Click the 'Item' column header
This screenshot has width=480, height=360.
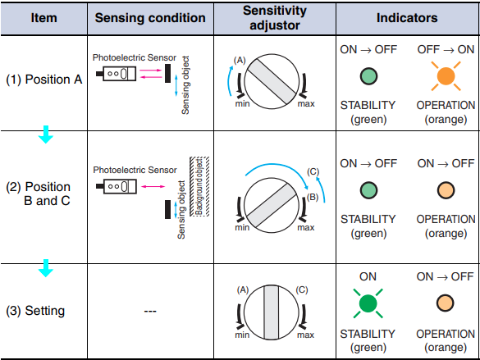[x=43, y=18]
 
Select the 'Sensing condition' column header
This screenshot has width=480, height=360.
[x=150, y=18]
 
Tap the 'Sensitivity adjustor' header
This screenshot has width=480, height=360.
[x=275, y=18]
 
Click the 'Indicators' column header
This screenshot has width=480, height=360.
[x=407, y=18]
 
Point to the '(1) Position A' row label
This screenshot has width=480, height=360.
[x=44, y=80]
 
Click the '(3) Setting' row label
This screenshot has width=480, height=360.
[x=35, y=311]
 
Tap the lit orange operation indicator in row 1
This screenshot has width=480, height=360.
[x=446, y=76]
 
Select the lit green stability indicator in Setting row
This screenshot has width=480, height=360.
[x=368, y=303]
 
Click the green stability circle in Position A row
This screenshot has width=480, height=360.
[x=368, y=76]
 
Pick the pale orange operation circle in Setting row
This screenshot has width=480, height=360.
[x=445, y=303]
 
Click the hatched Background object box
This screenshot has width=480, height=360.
[x=199, y=187]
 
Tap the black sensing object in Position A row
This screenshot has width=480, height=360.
[x=167, y=74]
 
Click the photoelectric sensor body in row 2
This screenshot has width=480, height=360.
[x=120, y=186]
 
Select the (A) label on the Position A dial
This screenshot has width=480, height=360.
[x=240, y=60]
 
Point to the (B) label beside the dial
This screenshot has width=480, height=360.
[x=313, y=197]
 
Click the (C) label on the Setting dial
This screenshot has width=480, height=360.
[x=302, y=289]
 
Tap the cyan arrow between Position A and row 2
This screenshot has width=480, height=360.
[x=46, y=134]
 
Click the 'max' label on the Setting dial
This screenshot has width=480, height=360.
[x=305, y=335]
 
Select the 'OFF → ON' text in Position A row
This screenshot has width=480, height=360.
[x=446, y=49]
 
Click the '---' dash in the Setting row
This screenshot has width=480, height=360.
[x=150, y=311]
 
